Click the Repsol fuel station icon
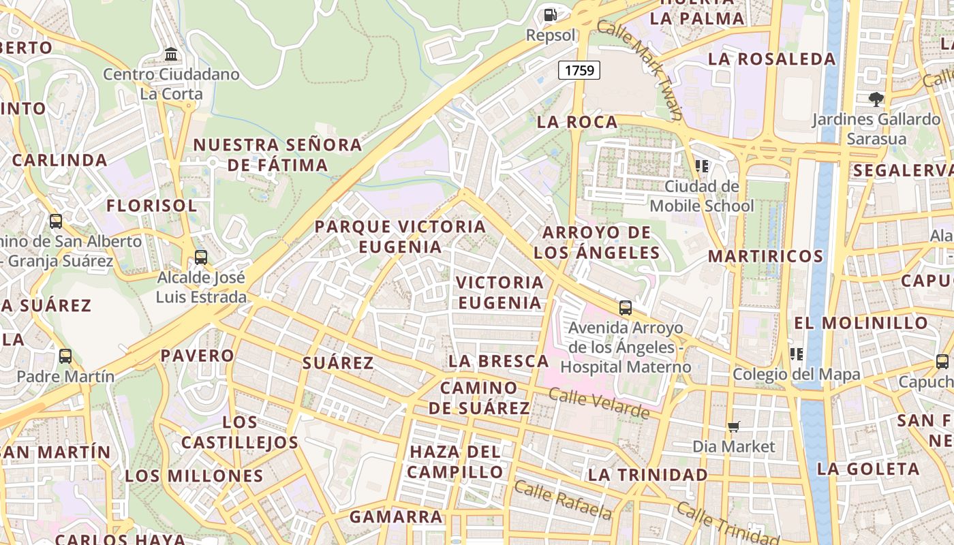click(x=550, y=14)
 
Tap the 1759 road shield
click(x=579, y=69)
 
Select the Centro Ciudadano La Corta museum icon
click(x=171, y=54)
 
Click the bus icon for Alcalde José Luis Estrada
click(x=200, y=257)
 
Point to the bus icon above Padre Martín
click(x=65, y=356)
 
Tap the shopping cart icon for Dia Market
click(x=734, y=426)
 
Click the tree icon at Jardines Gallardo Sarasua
click(x=876, y=99)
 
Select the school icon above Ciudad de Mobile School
click(x=702, y=166)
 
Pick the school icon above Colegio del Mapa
click(x=796, y=354)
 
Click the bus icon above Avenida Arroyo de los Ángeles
click(x=626, y=307)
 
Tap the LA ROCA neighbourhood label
click(x=577, y=122)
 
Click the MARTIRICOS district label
click(x=765, y=256)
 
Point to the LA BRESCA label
click(x=498, y=361)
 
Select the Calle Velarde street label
click(x=599, y=403)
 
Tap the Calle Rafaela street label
click(x=562, y=499)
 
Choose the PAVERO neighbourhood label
click(x=197, y=355)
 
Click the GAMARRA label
click(x=396, y=516)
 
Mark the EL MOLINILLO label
click(x=861, y=322)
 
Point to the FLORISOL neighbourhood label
click(x=151, y=205)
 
